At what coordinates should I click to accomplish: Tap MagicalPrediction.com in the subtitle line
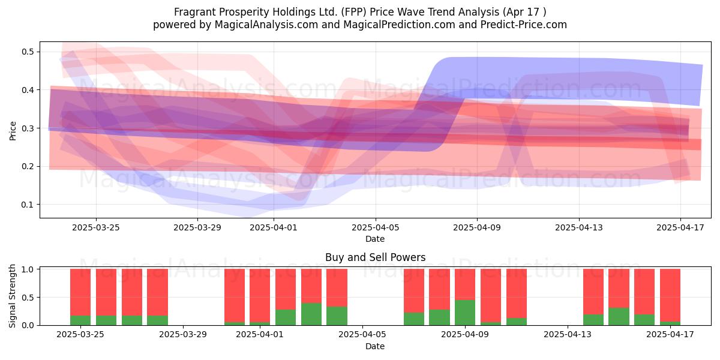coord(399,25)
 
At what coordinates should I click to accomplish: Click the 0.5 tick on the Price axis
coord(28,52)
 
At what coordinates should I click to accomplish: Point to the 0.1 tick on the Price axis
coord(28,205)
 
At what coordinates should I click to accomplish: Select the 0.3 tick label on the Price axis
coord(28,128)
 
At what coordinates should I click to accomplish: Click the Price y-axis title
coord(13,131)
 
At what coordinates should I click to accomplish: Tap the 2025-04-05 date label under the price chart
coord(376,227)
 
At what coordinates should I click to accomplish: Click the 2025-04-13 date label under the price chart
coord(579,227)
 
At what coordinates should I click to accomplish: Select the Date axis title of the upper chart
coord(375,239)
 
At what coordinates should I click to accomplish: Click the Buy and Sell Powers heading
coord(375,257)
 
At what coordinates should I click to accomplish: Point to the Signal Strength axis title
coord(12,296)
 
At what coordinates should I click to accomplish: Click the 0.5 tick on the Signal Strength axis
coord(28,298)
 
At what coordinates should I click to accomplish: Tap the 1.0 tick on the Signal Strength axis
coord(28,269)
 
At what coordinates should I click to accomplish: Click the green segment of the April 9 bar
coord(465,313)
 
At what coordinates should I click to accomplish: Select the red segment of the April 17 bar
coord(670,295)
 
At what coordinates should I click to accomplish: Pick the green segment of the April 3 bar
coord(311,314)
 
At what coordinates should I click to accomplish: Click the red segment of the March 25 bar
coord(80,292)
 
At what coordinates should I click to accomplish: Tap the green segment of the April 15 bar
coord(619,317)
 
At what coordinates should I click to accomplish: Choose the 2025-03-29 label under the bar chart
coord(183,335)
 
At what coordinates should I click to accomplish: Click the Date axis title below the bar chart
coord(375,346)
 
